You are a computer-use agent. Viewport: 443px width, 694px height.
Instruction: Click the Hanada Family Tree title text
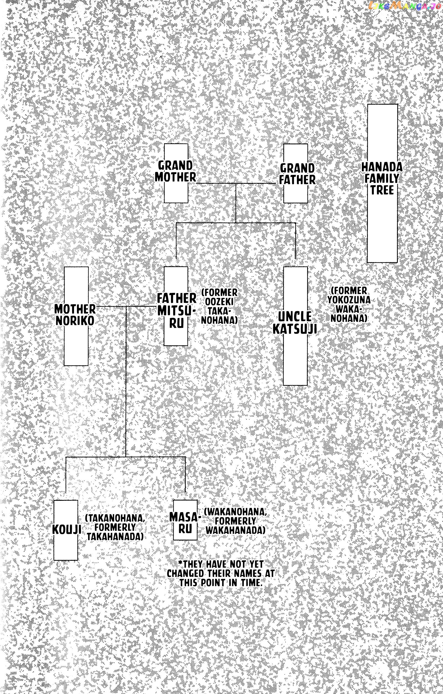(382, 178)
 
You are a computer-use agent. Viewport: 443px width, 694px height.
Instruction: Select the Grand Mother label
(175, 171)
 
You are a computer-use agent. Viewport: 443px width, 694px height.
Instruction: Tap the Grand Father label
(297, 174)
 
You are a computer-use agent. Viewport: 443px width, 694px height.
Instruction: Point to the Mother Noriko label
(75, 315)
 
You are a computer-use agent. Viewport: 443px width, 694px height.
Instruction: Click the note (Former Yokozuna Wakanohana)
(348, 304)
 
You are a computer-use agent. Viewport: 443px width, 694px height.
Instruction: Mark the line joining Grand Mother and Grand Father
(236, 183)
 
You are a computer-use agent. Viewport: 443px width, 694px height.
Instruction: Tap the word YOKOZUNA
(348, 300)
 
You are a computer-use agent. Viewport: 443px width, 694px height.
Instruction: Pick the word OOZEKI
(219, 301)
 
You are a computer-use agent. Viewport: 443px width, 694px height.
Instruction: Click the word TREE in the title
(382, 190)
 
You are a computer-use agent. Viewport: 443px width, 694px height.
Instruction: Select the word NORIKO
(75, 321)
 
